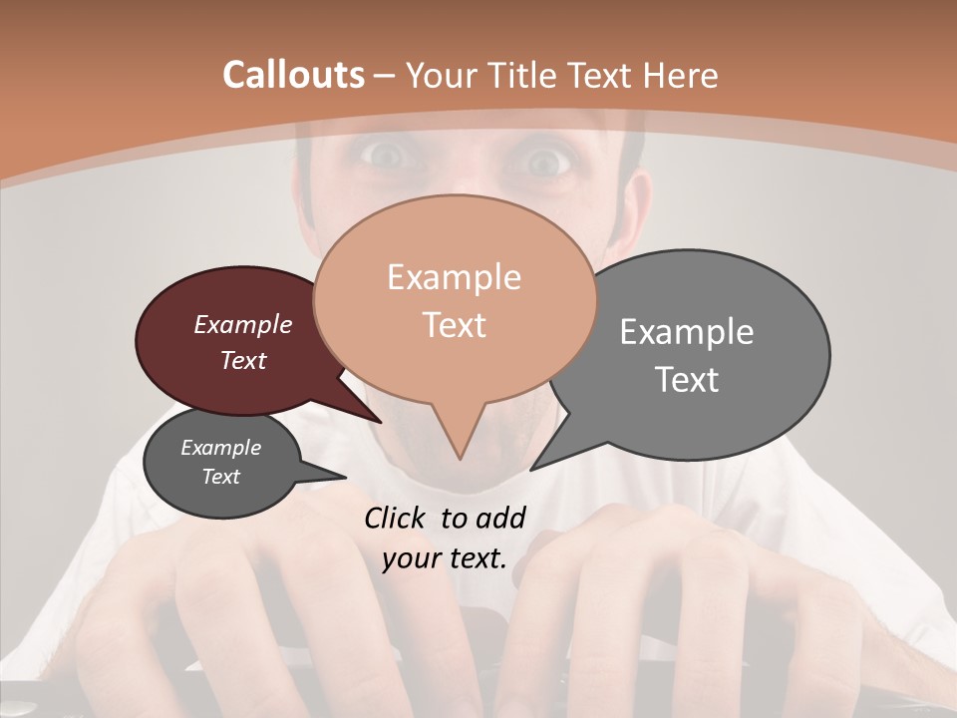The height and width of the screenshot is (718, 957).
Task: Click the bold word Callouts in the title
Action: click(x=293, y=75)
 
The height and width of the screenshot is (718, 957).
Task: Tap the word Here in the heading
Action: click(x=681, y=75)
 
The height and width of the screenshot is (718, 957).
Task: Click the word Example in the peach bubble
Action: click(x=454, y=277)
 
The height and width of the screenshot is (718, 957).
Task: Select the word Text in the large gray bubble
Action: click(x=687, y=380)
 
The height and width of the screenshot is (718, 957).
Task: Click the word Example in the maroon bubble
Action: click(x=243, y=324)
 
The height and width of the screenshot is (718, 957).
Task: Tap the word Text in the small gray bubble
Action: click(x=221, y=477)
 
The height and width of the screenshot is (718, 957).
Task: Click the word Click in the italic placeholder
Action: click(x=396, y=518)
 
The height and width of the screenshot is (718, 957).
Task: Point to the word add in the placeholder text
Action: click(x=500, y=518)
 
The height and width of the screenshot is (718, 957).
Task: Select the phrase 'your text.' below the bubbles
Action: click(x=445, y=558)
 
